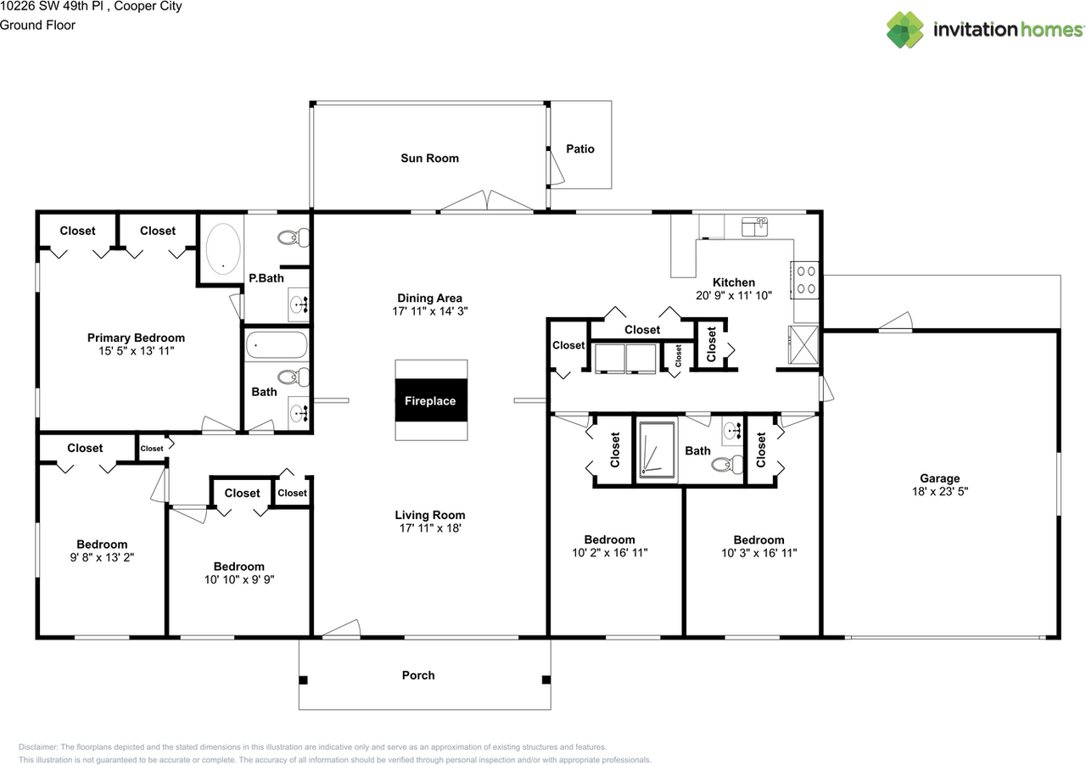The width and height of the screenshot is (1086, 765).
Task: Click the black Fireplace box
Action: (x=431, y=400)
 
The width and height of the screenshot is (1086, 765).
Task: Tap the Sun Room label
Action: (x=429, y=158)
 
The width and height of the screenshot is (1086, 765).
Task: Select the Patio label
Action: (x=580, y=148)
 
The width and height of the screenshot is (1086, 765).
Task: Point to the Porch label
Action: (x=418, y=675)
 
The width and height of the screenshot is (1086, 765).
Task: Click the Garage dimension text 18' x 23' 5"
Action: (x=940, y=491)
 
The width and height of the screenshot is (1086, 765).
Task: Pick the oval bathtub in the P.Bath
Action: (x=223, y=248)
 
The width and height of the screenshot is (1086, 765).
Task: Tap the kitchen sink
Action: (x=754, y=227)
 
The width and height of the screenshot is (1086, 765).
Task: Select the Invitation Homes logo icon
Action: (x=904, y=30)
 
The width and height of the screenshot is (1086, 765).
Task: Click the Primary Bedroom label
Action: (x=136, y=338)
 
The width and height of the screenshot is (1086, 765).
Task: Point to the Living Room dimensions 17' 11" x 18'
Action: (x=430, y=528)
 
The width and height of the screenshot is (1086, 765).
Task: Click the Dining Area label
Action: (x=429, y=298)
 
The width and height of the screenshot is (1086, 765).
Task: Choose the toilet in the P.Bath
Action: (x=294, y=237)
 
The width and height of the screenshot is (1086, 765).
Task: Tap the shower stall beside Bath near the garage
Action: (x=657, y=450)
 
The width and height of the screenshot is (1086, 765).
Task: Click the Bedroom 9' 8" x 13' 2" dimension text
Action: (x=102, y=557)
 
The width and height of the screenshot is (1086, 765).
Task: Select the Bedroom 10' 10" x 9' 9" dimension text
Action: (x=239, y=579)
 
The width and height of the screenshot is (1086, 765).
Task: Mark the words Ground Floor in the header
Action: (x=37, y=25)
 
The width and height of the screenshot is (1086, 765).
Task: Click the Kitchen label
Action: (x=734, y=282)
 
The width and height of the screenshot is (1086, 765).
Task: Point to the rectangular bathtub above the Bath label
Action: (x=277, y=345)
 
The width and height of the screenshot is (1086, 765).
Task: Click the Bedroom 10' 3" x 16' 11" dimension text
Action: (x=759, y=553)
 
